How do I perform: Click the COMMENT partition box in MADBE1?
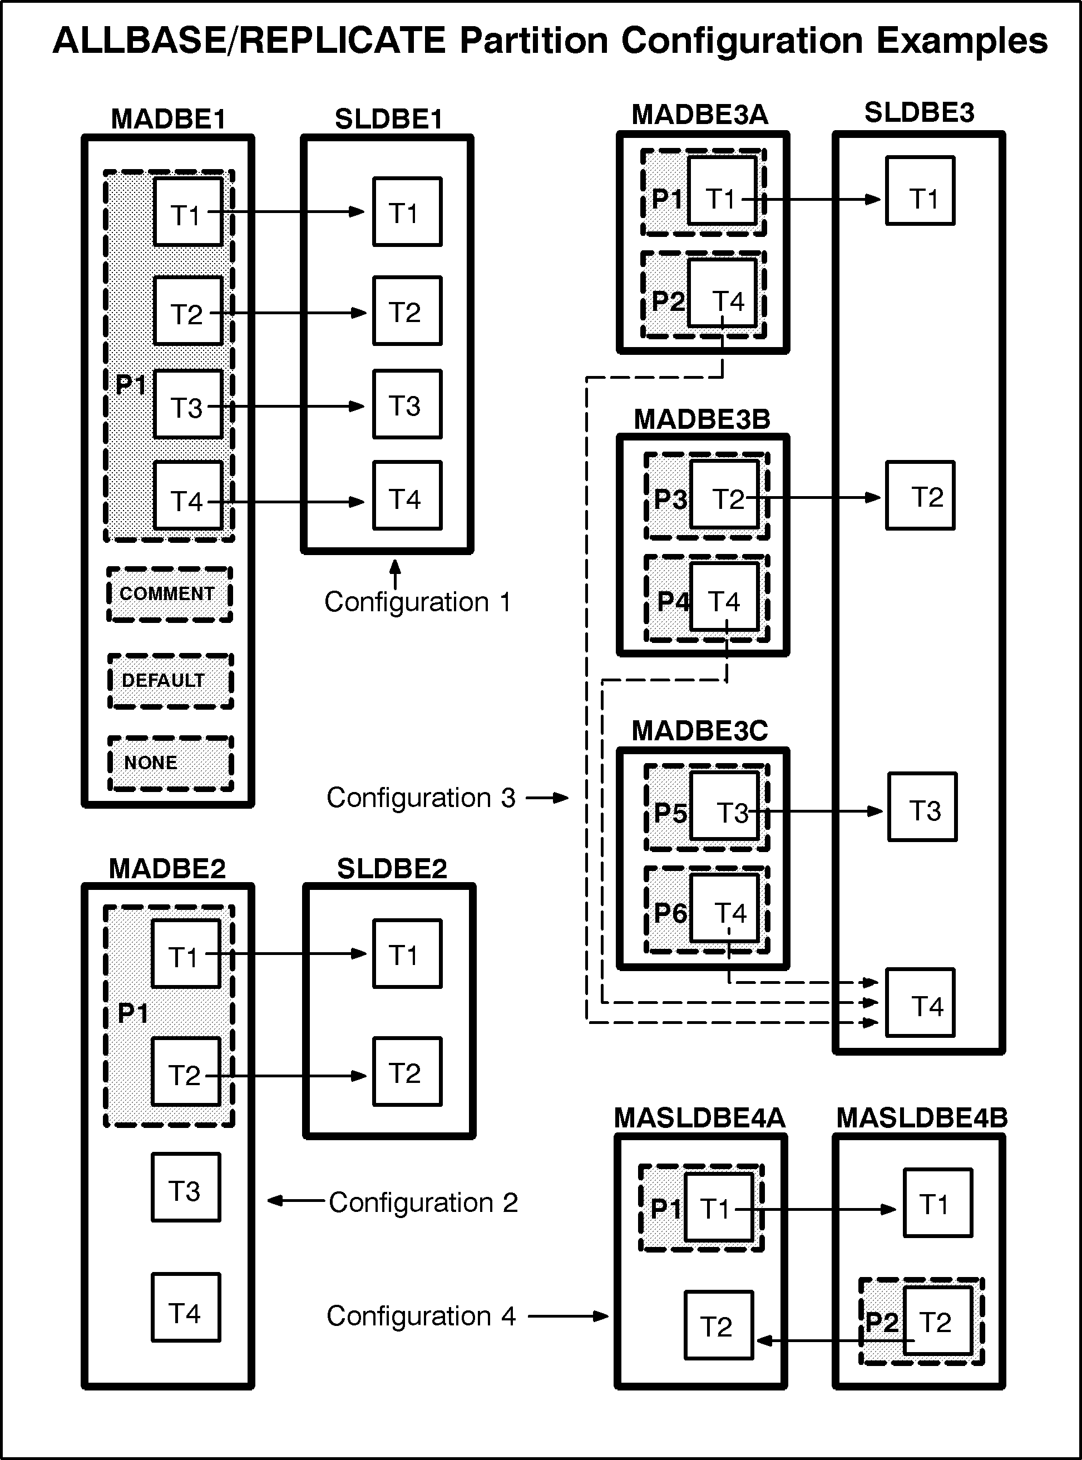[170, 594]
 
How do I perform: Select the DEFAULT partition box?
[170, 681]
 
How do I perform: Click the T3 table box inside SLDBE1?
[407, 404]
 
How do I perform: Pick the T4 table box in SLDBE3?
[920, 1002]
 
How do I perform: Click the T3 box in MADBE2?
[186, 1187]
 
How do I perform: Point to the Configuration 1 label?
[418, 602]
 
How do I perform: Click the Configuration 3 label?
[421, 798]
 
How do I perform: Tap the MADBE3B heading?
[702, 419]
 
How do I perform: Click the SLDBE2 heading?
[392, 868]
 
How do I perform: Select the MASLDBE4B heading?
[922, 1117]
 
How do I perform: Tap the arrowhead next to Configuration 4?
[601, 1316]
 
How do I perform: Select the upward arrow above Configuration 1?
[395, 574]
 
